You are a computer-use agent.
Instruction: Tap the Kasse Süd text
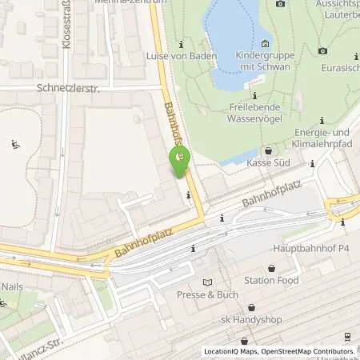[x=268, y=163]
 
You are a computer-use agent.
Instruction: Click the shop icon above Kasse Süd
[x=267, y=150]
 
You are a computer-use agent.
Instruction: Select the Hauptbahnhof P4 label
[x=320, y=249]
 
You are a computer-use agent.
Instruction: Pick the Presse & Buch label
[x=210, y=294]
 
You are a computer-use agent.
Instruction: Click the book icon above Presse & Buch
[x=210, y=282]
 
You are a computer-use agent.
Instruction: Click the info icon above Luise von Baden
[x=182, y=43]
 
